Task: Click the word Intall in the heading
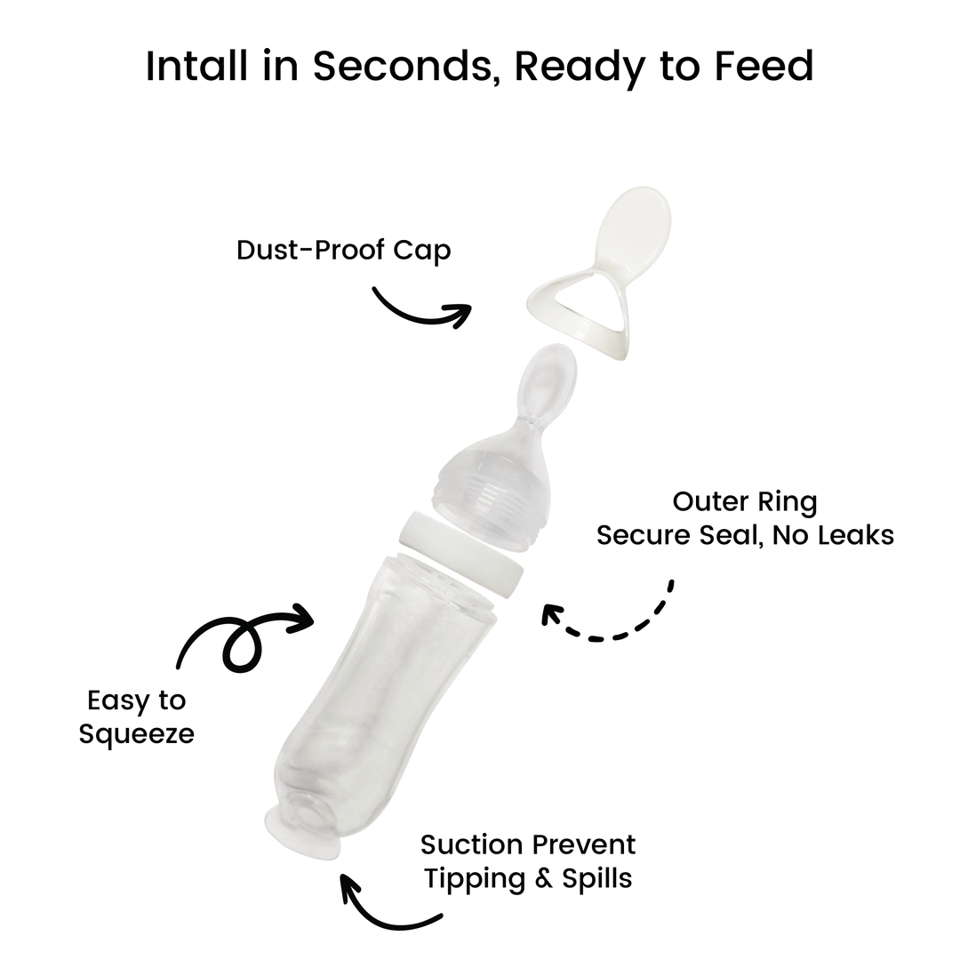click(197, 66)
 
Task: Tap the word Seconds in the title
click(403, 66)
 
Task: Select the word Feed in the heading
click(764, 66)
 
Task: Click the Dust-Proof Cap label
click(343, 251)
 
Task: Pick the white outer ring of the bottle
click(460, 553)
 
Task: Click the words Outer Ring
click(745, 502)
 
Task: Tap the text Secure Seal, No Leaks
click(745, 535)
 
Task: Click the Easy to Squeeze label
click(136, 717)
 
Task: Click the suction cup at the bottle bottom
click(302, 835)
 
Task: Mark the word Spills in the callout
click(597, 878)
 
